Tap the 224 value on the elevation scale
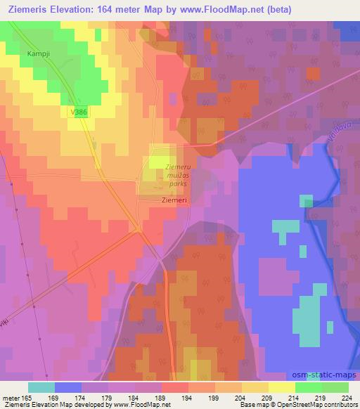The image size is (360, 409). [347, 397]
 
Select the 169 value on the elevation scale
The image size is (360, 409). [54, 397]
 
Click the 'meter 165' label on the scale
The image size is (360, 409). [15, 397]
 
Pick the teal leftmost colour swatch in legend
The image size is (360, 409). [41, 387]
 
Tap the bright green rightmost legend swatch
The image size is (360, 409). [335, 387]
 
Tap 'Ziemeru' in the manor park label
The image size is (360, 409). [177, 167]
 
